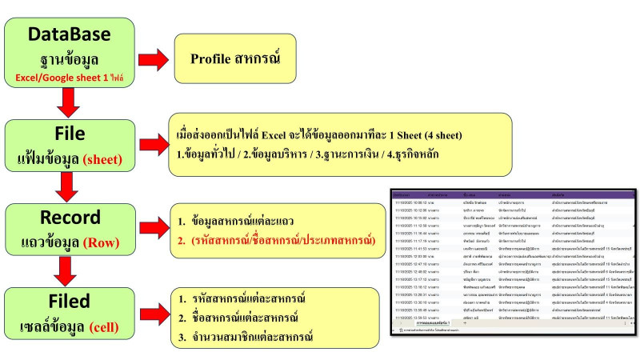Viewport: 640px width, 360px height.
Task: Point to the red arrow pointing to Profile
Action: [x=148, y=60]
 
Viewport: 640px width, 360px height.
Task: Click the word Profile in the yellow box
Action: [x=214, y=59]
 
